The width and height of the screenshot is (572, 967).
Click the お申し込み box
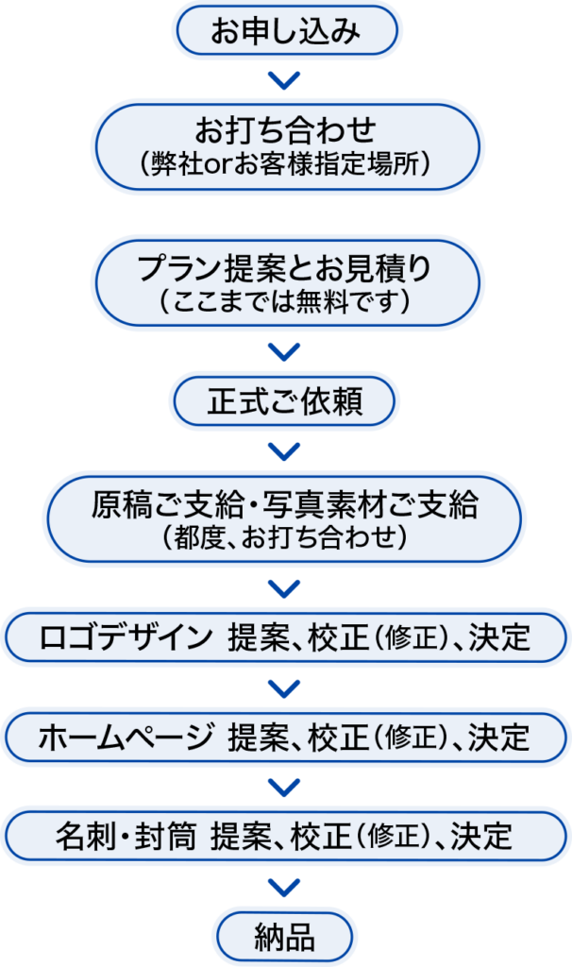284,32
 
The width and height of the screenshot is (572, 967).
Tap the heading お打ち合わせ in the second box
285,127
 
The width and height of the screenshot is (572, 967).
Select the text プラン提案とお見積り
284,269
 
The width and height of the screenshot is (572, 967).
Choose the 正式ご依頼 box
284,403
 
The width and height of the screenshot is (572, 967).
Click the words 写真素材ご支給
378,505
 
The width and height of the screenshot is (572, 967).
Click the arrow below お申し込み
284,80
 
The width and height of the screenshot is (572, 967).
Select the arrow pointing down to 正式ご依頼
284,352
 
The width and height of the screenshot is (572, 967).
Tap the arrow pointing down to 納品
284,887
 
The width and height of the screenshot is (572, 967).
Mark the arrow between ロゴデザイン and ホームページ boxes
284,687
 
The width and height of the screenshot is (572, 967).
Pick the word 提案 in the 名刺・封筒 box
241,835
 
